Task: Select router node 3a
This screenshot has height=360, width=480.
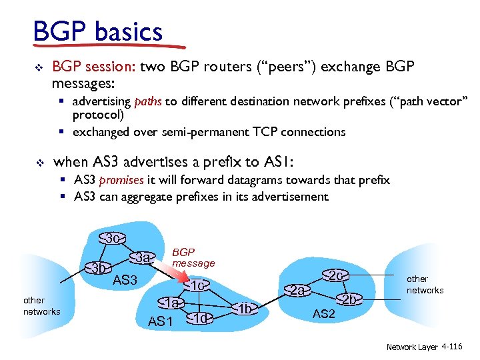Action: click(142, 257)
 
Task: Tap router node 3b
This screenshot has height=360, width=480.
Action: click(101, 269)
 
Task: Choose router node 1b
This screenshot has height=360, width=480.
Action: click(246, 308)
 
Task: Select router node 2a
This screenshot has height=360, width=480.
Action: click(297, 290)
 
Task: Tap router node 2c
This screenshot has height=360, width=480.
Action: click(337, 275)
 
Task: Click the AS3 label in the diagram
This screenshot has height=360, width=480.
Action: click(125, 281)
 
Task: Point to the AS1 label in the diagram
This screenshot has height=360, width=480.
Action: click(161, 322)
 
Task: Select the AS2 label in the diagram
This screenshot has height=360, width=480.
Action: click(323, 313)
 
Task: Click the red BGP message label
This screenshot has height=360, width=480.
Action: click(193, 257)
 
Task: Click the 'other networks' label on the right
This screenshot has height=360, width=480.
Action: click(425, 285)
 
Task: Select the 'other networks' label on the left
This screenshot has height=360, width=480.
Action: click(41, 306)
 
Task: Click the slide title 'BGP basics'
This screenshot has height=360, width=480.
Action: click(97, 31)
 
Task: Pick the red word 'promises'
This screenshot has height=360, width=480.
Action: click(121, 180)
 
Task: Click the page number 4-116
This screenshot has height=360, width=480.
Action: click(451, 347)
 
